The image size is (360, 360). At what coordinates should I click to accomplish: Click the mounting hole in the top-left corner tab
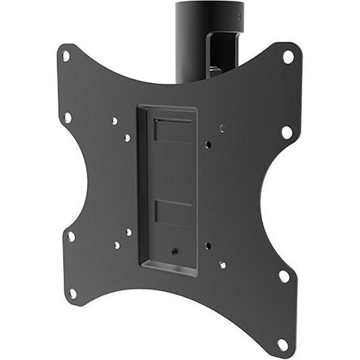point(65,56)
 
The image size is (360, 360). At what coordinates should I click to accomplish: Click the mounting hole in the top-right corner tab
point(288,57)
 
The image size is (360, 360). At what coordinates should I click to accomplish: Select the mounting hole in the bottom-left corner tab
point(73,293)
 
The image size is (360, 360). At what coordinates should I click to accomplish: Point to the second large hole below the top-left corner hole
point(67,117)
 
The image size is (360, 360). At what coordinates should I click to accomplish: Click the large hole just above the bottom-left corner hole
point(71,236)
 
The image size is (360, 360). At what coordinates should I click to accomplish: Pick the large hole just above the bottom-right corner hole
point(284,276)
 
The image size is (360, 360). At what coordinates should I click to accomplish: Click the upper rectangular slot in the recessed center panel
point(173,130)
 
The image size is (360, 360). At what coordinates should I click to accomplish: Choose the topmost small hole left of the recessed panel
point(115,121)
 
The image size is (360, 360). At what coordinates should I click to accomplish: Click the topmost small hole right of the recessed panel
point(222,128)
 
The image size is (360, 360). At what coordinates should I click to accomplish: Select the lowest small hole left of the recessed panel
point(116,245)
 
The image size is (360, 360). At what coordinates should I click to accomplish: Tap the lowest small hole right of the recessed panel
point(223,264)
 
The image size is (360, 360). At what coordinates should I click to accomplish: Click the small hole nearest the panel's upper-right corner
point(208,145)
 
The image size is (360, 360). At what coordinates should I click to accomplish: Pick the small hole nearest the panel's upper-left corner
point(127,137)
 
